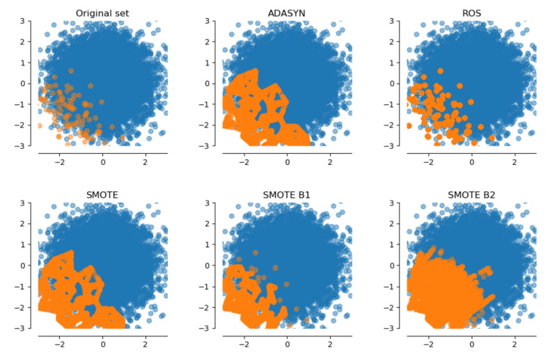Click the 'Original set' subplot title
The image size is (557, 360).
point(102,13)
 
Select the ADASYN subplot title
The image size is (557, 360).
point(287,13)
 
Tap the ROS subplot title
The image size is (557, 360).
point(471,13)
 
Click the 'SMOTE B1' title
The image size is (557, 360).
point(287,194)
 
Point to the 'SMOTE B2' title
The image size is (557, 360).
point(471,194)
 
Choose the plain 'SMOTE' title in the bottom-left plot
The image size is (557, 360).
point(102,194)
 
